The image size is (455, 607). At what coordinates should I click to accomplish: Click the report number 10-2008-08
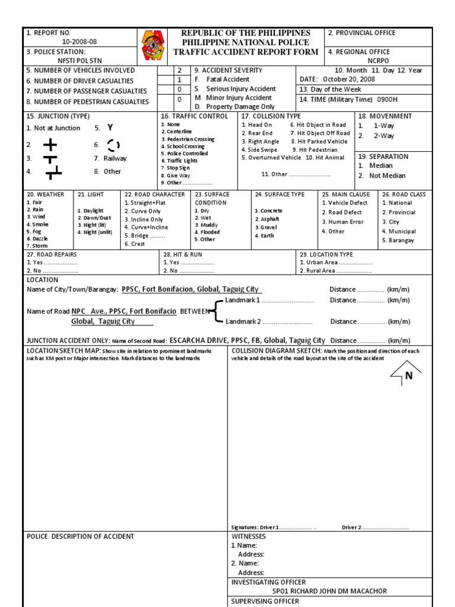[x=79, y=41]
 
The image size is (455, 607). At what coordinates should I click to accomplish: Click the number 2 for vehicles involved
[x=180, y=70]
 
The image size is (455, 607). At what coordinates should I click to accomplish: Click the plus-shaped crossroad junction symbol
[x=50, y=145]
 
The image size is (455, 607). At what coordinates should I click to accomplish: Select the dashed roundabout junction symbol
[x=113, y=145]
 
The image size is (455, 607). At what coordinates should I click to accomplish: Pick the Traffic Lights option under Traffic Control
[x=181, y=161]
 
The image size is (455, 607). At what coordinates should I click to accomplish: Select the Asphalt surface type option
[x=268, y=219]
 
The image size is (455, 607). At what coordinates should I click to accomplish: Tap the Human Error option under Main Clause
[x=342, y=222]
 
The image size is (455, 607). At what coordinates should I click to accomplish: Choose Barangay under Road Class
[x=398, y=241]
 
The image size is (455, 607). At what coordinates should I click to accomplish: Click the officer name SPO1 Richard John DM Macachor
[x=329, y=591]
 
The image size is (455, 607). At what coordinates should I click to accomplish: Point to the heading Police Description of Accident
[x=81, y=536]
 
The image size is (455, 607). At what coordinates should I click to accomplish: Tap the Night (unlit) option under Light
[x=94, y=232]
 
